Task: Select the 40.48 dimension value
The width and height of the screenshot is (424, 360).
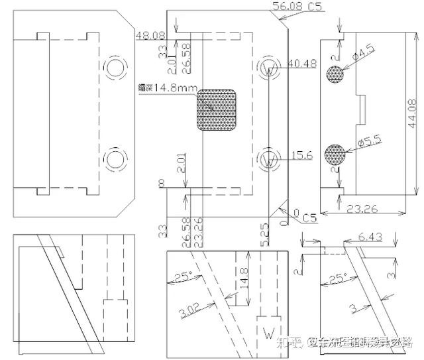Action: pyautogui.click(x=302, y=64)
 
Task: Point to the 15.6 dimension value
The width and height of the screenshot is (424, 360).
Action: pyautogui.click(x=301, y=155)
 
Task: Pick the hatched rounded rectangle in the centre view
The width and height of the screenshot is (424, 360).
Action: pyautogui.click(x=217, y=109)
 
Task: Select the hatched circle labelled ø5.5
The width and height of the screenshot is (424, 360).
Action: pyautogui.click(x=335, y=155)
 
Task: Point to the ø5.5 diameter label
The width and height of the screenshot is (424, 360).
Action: pyautogui.click(x=368, y=141)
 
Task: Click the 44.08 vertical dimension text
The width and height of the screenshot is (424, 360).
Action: pyautogui.click(x=413, y=115)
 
